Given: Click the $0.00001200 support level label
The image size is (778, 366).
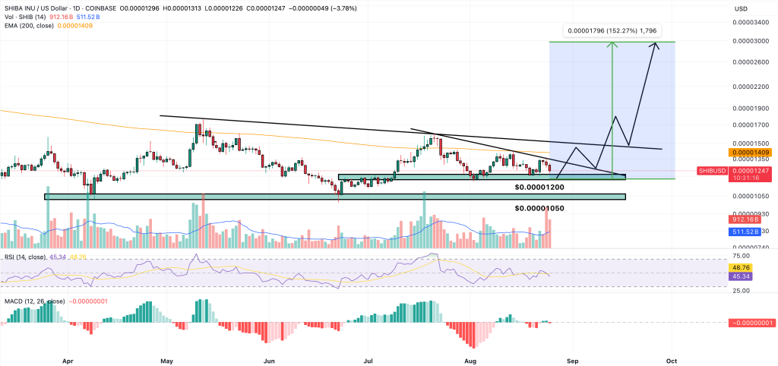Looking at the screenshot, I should pos(539,187).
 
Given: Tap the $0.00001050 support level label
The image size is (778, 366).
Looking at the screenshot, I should pos(539,208).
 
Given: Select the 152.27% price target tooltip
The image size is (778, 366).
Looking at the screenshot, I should pos(611,31).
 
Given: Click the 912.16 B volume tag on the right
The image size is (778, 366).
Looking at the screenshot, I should pos(745,219).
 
